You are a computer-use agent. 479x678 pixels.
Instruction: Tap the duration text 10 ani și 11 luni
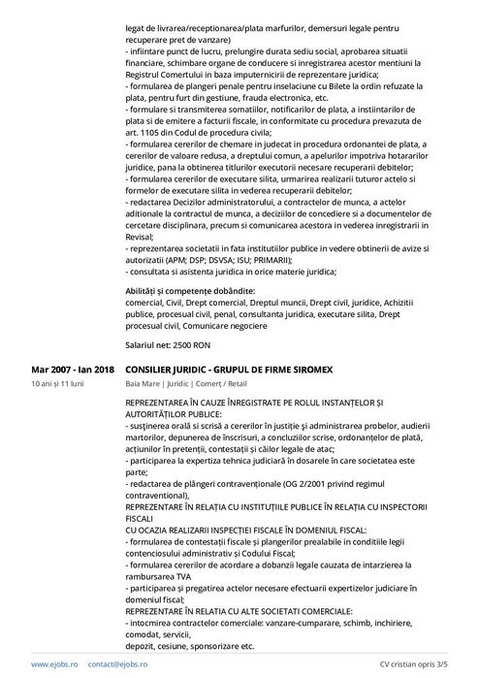pyautogui.click(x=57, y=384)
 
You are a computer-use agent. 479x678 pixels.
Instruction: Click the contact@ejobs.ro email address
pyautogui.click(x=117, y=664)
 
